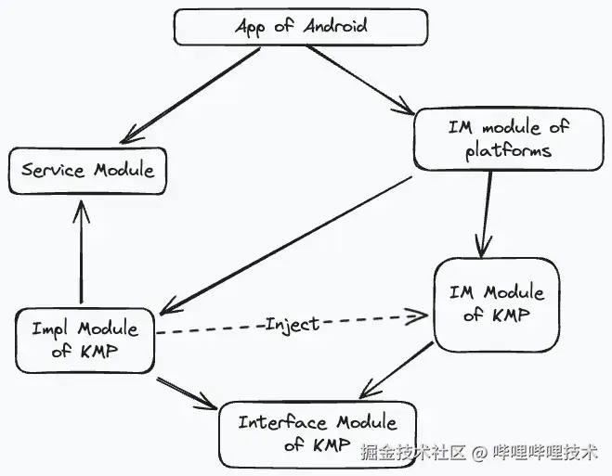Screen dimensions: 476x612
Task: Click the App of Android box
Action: tap(301, 26)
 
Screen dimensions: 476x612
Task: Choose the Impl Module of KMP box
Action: tap(85, 340)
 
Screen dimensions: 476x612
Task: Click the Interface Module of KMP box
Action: tap(319, 433)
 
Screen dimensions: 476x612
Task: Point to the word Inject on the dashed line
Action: tap(292, 324)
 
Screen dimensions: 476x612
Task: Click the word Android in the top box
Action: tap(332, 25)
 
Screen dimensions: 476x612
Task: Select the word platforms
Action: tap(508, 150)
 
